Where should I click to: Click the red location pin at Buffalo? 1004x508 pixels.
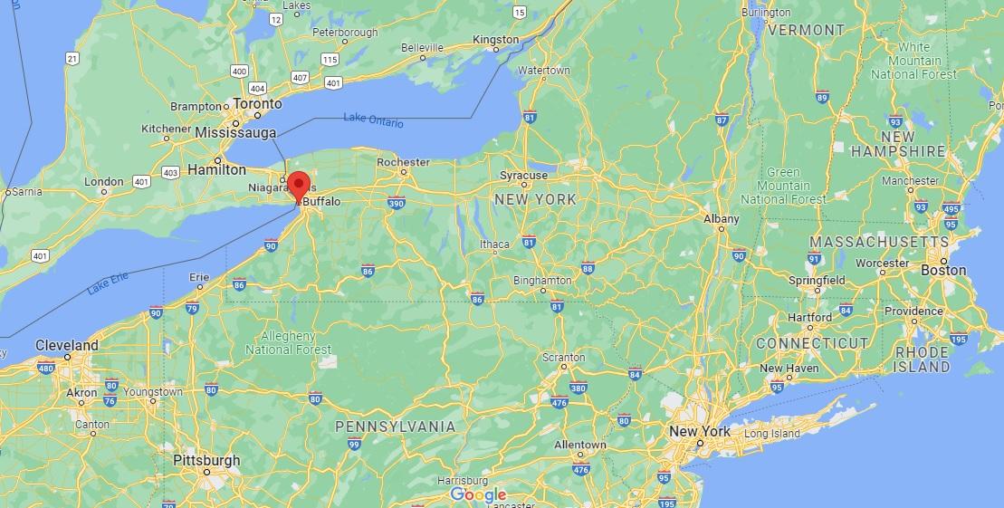tap(297, 185)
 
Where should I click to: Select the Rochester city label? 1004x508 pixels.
tap(403, 162)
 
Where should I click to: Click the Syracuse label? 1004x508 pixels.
tap(524, 176)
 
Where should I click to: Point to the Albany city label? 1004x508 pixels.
tap(722, 219)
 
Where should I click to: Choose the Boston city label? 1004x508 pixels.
tap(942, 270)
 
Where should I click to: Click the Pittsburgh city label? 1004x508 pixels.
tap(206, 460)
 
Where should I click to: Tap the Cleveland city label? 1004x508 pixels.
tap(67, 345)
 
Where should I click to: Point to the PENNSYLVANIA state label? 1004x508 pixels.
tap(396, 426)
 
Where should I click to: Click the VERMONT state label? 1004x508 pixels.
tap(806, 30)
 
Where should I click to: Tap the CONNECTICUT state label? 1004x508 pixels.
tap(812, 343)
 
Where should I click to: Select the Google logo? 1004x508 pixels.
tap(478, 494)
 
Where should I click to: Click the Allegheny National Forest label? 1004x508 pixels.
tap(288, 342)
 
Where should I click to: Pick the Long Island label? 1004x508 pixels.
tap(772, 434)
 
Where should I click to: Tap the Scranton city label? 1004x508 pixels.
tap(563, 358)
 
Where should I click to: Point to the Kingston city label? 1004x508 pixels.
tap(496, 40)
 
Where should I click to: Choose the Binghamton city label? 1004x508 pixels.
tap(542, 281)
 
